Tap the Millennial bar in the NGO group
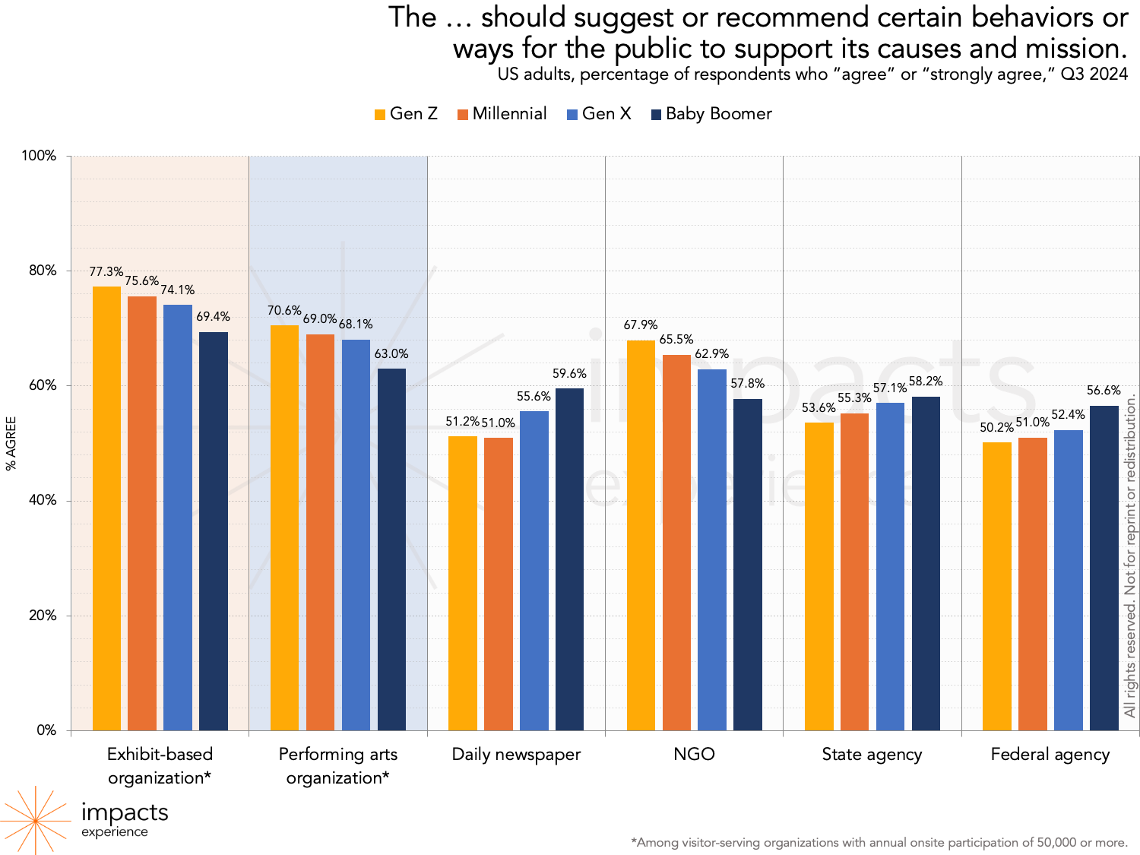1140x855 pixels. (676, 543)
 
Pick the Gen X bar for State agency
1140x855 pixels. (890, 566)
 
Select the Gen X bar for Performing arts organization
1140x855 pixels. (356, 535)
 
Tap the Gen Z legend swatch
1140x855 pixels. (380, 115)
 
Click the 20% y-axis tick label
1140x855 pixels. (43, 616)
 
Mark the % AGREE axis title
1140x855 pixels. (11, 443)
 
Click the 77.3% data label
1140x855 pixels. (106, 271)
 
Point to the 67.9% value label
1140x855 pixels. (641, 325)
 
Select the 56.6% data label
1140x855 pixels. (1104, 390)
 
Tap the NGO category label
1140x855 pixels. (694, 754)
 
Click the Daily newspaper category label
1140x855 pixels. (516, 754)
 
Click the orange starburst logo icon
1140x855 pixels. (35, 821)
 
